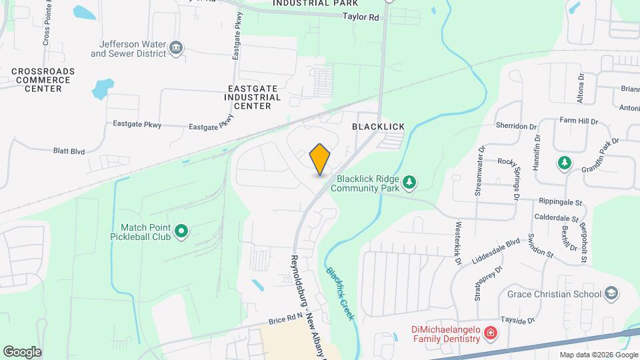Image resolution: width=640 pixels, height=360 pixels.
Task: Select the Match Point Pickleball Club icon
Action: coord(181,232)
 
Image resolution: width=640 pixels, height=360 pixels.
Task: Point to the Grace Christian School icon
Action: coord(611,293)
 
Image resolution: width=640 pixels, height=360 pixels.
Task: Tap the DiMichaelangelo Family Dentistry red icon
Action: coord(491,332)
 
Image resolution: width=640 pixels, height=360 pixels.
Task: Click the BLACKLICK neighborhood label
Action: coord(375,125)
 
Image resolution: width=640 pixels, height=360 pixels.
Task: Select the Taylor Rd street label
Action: coord(361,17)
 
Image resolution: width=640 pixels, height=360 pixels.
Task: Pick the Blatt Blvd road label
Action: coord(70,151)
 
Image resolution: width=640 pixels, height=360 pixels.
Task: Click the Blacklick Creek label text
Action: coord(339,291)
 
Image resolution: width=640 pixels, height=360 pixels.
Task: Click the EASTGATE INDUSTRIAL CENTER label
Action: coord(253,97)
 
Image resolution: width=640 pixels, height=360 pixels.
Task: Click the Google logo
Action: coord(22,351)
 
